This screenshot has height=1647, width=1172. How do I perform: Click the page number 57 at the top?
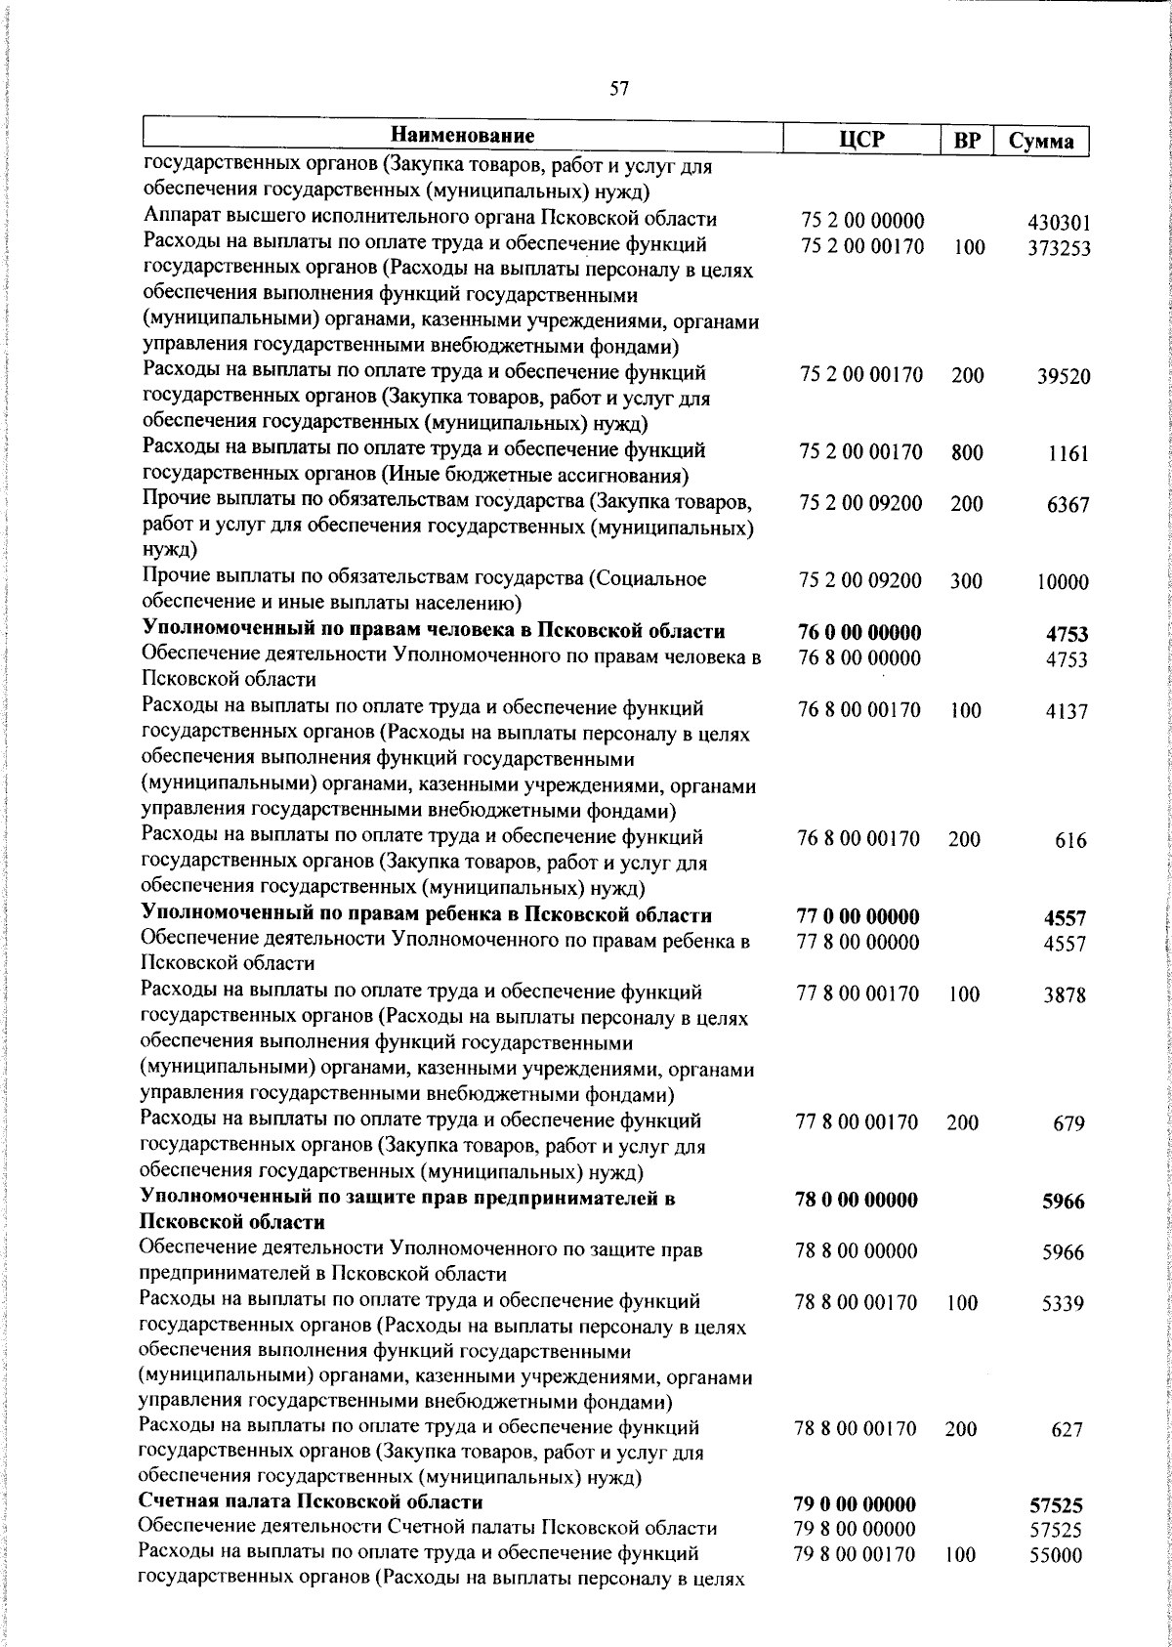point(619,90)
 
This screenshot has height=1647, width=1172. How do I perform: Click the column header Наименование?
point(464,135)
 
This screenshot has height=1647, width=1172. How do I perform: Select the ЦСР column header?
point(862,140)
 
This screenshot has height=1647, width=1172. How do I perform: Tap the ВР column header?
point(966,141)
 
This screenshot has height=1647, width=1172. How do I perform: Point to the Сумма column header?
point(1041,141)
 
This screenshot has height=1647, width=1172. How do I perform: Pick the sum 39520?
point(1064,377)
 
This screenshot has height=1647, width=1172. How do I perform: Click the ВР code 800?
point(967,452)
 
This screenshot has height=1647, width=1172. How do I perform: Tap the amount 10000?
point(1063,582)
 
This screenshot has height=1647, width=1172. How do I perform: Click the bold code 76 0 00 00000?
point(860,633)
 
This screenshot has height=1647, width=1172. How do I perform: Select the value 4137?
point(1067,712)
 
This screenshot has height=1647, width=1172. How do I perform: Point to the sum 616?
point(1071,840)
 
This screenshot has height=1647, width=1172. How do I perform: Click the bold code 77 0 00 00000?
point(859,917)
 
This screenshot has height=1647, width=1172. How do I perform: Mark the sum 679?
point(1069,1124)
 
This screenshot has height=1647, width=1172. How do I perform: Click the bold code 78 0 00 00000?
point(858,1201)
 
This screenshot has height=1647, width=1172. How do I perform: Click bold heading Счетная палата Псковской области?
point(312,1501)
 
